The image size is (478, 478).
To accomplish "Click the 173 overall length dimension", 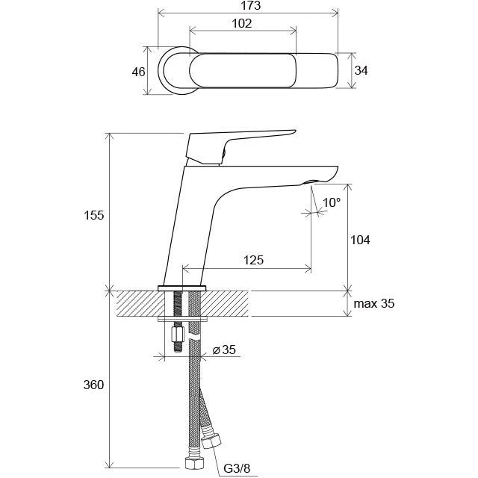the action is point(251,6).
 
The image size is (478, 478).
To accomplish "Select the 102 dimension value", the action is point(242,23).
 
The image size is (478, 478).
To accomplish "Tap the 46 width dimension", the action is point(138,72).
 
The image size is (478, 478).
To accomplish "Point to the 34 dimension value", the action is point(361,70).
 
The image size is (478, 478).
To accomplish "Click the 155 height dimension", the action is point(94,215).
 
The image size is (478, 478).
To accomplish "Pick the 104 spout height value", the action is point(360,240).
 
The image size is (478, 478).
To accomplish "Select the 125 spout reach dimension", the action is point(253,260).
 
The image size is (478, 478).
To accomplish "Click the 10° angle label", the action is point(332,202).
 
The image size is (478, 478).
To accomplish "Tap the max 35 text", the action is point(373,303).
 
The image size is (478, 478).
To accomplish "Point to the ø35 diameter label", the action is point(224,350).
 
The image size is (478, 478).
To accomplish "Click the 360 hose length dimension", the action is point(93,385).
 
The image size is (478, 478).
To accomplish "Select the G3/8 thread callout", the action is point(237,468).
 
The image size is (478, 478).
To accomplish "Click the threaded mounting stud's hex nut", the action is point(178,335).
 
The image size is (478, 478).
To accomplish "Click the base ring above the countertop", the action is point(182,288).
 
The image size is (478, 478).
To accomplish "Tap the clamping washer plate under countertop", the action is point(182,319).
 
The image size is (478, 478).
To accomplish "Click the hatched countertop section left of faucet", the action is point(140,303).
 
